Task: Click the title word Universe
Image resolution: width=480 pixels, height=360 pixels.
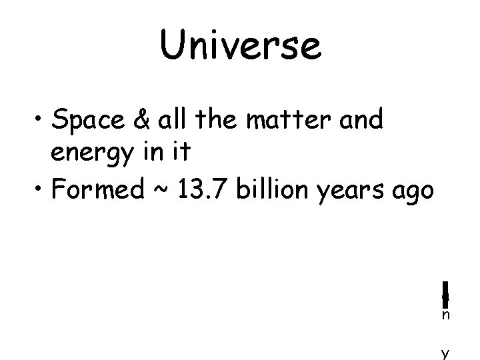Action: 240,45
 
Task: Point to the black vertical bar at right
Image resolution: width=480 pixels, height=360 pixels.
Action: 444,291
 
